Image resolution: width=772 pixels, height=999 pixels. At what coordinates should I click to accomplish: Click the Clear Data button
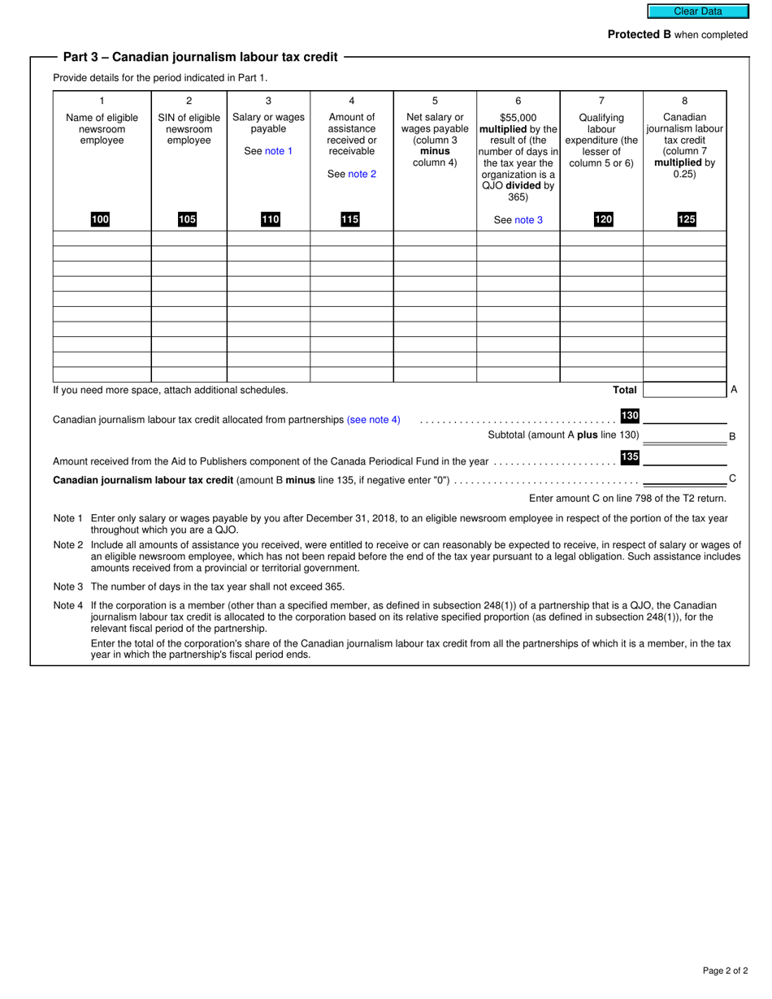pos(696,11)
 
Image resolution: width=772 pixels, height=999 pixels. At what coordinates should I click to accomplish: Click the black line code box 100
pos(101,219)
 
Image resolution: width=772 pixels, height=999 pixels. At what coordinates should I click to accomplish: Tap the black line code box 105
pos(188,219)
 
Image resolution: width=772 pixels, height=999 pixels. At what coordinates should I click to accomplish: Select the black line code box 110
pos(270,219)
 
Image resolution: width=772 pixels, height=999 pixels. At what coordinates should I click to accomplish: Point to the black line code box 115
pos(350,219)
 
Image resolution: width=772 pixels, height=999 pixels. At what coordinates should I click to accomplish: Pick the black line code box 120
pos(603,219)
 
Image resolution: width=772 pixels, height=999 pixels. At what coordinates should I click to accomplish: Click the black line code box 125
pos(686,219)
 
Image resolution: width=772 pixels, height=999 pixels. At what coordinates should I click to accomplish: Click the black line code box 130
pos(630,416)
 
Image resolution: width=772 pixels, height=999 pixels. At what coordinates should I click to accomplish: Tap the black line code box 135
pos(630,457)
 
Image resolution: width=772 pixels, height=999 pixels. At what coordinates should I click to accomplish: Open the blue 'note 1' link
pos(279,151)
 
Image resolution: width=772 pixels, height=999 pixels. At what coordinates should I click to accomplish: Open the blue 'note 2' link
pos(362,174)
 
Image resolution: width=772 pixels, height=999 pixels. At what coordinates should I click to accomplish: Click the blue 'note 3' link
pos(528,220)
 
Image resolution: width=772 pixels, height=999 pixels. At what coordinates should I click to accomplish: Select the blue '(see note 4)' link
pos(374,420)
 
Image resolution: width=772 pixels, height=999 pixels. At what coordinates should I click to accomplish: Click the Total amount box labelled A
pos(684,390)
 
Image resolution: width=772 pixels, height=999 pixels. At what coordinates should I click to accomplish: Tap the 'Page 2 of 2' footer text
pos(726,971)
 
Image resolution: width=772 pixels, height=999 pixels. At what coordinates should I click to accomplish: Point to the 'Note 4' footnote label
pos(68,605)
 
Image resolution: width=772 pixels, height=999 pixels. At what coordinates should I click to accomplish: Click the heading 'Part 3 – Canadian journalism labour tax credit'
pos(200,57)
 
